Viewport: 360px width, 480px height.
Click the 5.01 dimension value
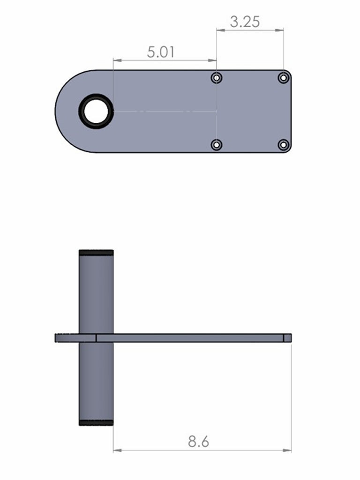[161, 52]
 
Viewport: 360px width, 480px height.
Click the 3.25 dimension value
[245, 22]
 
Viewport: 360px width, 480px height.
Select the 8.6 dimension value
[198, 442]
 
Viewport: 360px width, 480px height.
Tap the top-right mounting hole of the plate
[284, 78]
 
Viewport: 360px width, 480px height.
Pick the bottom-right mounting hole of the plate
[284, 144]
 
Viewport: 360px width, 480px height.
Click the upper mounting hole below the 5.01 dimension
[217, 78]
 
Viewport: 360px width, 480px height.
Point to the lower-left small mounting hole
[217, 144]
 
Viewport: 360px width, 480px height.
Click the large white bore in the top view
[96, 111]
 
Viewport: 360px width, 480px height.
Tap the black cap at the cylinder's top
[96, 253]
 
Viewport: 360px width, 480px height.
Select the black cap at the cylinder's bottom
[96, 423]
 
